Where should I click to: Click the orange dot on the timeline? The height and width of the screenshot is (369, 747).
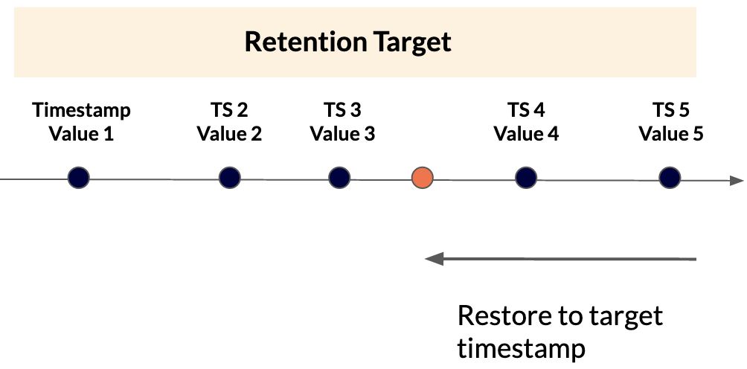click(x=423, y=179)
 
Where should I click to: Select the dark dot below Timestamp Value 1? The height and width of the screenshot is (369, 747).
click(x=78, y=178)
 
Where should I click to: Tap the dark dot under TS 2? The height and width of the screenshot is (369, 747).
click(x=230, y=178)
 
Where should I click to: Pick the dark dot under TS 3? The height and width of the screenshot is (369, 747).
click(x=339, y=178)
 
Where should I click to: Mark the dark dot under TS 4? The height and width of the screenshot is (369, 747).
click(x=526, y=178)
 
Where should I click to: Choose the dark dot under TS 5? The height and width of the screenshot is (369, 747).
click(x=670, y=178)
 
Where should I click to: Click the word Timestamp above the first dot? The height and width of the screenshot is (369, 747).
click(x=82, y=111)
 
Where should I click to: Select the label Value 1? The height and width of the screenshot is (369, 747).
click(x=82, y=135)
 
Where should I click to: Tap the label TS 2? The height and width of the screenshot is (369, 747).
click(x=229, y=111)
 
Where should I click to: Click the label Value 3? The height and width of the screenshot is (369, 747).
click(x=342, y=135)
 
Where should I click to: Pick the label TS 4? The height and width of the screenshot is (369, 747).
click(x=526, y=111)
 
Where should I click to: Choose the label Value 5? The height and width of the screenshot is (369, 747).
click(x=671, y=135)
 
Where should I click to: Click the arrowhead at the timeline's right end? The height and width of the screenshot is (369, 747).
click(x=736, y=180)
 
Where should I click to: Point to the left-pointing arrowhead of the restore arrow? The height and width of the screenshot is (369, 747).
click(x=433, y=259)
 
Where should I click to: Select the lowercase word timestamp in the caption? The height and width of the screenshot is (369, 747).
click(x=521, y=348)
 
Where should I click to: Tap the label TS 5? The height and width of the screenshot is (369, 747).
click(x=671, y=111)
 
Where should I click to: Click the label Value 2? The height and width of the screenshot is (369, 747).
click(x=229, y=135)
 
